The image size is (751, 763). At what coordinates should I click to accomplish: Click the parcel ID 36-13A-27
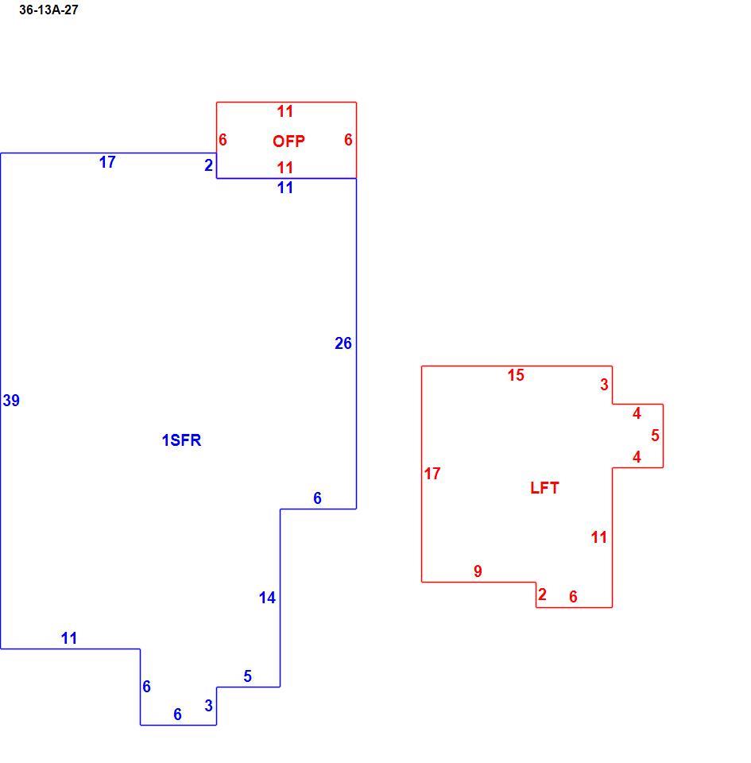[48, 10]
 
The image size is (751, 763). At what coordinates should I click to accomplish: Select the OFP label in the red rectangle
[288, 141]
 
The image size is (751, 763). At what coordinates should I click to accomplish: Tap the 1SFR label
[181, 440]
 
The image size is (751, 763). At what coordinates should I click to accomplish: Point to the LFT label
[544, 487]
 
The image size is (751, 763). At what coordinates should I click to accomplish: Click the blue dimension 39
[11, 400]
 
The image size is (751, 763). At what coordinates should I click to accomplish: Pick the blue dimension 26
[343, 343]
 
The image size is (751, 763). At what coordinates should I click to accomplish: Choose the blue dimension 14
[267, 597]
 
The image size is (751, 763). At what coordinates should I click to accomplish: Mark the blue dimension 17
[107, 161]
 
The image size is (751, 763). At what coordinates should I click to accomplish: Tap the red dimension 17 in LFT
[432, 473]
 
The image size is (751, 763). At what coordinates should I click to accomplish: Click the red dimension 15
[516, 374]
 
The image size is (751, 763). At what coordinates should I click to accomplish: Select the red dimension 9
[478, 571]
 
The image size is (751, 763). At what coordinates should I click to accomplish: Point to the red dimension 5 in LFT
[655, 435]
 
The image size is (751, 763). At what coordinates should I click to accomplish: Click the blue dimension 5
[248, 676]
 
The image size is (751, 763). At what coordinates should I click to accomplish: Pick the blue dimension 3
[209, 705]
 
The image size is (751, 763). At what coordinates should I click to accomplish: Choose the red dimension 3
[604, 385]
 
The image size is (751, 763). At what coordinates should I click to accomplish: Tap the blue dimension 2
[209, 165]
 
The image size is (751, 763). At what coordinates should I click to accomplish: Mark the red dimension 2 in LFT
[542, 595]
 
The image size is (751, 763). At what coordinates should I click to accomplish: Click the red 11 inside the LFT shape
[598, 536]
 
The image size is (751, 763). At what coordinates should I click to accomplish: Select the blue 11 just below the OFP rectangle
[285, 188]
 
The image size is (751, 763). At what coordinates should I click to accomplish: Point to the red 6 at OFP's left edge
[223, 140]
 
